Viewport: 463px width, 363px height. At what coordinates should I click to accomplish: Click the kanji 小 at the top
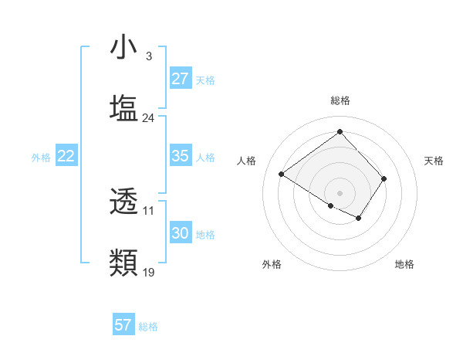(124, 47)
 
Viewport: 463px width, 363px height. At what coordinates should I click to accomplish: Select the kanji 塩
(124, 108)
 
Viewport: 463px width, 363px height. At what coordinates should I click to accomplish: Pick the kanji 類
(124, 263)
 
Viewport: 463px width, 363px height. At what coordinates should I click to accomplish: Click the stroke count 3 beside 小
(148, 56)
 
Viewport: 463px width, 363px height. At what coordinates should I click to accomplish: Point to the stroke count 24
(148, 118)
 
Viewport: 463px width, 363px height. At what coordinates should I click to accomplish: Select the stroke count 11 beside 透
(148, 211)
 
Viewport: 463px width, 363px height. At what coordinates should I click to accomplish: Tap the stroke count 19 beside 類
(148, 273)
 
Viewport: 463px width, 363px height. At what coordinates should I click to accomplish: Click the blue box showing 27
(181, 79)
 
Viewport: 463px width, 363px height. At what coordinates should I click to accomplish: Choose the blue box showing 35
(181, 156)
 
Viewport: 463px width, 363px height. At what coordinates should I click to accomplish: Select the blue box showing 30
(181, 233)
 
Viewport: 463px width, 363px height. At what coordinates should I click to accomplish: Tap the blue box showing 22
(66, 156)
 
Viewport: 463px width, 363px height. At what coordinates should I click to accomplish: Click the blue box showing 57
(123, 325)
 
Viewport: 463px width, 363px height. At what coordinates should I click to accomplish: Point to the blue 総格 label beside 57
(149, 327)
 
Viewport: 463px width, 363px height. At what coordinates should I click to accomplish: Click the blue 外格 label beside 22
(41, 158)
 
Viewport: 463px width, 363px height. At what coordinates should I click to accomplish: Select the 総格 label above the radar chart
(340, 101)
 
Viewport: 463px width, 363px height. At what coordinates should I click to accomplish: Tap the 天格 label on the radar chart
(434, 161)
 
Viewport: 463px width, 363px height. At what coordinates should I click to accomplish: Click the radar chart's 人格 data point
(282, 174)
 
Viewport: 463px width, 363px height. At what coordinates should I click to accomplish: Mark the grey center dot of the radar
(340, 192)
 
